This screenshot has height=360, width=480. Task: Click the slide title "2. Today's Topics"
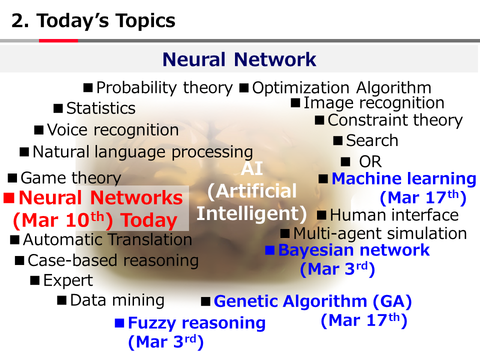pyautogui.click(x=93, y=21)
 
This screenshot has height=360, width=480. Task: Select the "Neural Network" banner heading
pyautogui.click(x=239, y=59)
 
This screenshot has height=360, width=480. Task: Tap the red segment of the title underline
pyautogui.click(x=58, y=40)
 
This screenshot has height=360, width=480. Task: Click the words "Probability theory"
pyautogui.click(x=164, y=88)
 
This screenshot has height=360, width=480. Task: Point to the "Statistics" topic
pyautogui.click(x=101, y=108)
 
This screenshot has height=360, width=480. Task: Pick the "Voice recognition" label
pyautogui.click(x=113, y=130)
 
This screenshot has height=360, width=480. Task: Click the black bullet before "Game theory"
pyautogui.click(x=12, y=178)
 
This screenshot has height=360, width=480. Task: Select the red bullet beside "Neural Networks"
pyautogui.click(x=9, y=198)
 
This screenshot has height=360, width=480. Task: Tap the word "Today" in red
pyautogui.click(x=149, y=220)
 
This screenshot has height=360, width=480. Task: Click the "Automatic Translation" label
pyautogui.click(x=107, y=239)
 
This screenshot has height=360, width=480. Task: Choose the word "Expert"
pyautogui.click(x=68, y=280)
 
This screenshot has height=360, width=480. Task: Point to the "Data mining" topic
pyautogui.click(x=117, y=300)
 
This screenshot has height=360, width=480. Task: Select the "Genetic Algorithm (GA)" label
pyautogui.click(x=313, y=301)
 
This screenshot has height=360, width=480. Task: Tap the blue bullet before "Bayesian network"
pyautogui.click(x=269, y=250)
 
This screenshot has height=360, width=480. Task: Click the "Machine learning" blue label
pyautogui.click(x=404, y=178)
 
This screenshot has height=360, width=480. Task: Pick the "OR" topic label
pyautogui.click(x=370, y=161)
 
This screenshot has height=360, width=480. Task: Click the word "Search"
pyautogui.click(x=372, y=141)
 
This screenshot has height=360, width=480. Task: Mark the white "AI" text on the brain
pyautogui.click(x=252, y=168)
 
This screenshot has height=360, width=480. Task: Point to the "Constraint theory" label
pyautogui.click(x=395, y=120)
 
